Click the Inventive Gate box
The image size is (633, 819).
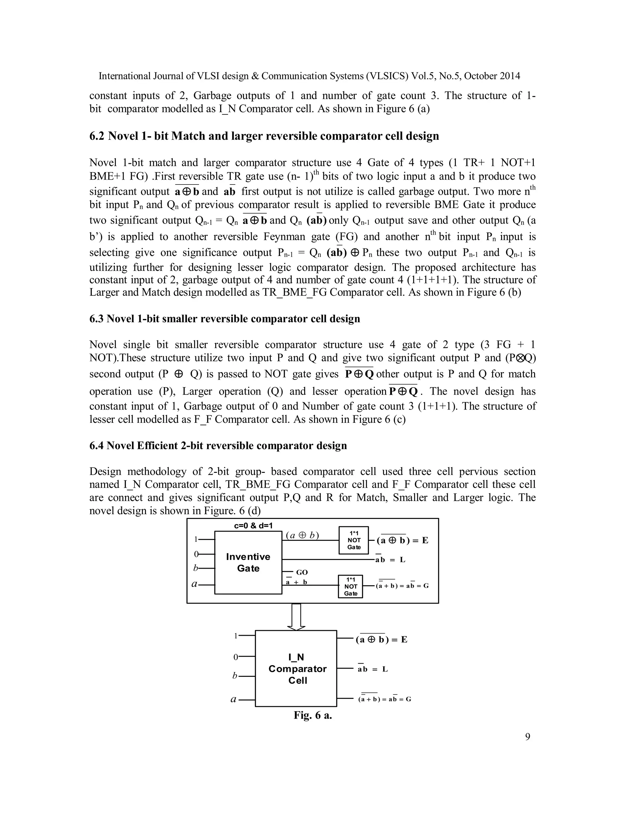[248, 562]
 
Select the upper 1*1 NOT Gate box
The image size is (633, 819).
[354, 540]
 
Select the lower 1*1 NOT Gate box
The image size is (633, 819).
[350, 586]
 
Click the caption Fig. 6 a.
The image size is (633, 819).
[313, 715]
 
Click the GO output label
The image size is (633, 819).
[301, 572]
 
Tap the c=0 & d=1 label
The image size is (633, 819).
[253, 525]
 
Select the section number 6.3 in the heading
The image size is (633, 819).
[96, 319]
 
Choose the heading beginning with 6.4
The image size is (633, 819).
[218, 445]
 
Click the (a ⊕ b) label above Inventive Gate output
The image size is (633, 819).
[302, 535]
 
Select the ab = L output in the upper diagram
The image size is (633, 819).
[390, 560]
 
